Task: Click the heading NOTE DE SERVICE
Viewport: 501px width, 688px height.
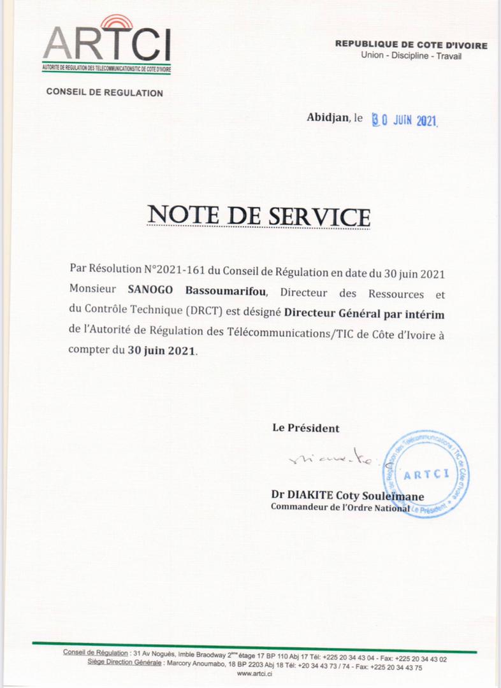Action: tap(258, 216)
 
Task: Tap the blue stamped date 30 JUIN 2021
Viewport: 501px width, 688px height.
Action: tap(405, 120)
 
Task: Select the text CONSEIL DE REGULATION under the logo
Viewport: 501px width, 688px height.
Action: tap(105, 93)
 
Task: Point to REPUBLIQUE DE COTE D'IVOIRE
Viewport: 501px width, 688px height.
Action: tap(411, 45)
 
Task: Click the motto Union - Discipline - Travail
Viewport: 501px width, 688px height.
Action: tap(411, 56)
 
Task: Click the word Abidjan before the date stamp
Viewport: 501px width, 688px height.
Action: tap(328, 117)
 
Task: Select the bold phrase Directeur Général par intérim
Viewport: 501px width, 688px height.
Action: tap(364, 313)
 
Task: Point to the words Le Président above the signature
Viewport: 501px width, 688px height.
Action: tap(306, 428)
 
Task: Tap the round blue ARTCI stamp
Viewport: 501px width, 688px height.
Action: tap(426, 473)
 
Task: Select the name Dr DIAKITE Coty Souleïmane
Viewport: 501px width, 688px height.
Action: tap(347, 496)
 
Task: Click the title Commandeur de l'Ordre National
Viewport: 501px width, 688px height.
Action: tap(340, 508)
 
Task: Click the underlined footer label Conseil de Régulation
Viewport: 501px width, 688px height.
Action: tap(96, 653)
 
